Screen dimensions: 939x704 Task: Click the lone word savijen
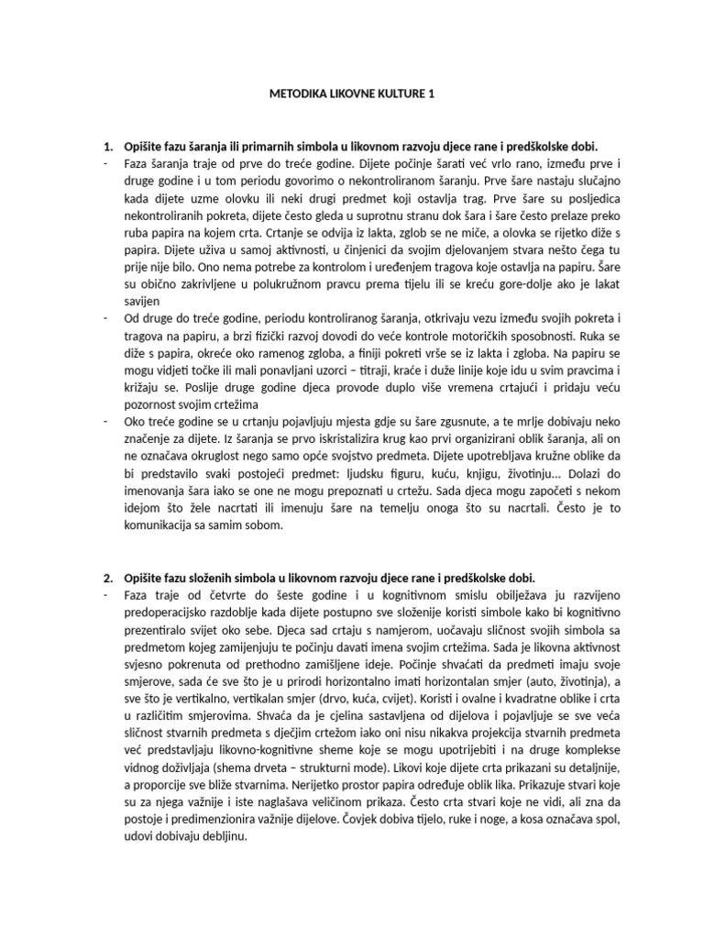144,301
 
